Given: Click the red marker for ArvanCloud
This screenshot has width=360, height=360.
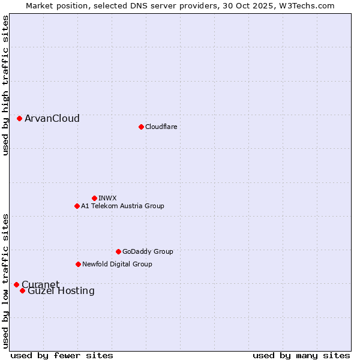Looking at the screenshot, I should (20, 119).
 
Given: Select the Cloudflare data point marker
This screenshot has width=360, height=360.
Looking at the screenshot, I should (141, 127).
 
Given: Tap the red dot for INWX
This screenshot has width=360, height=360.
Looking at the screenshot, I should (94, 198).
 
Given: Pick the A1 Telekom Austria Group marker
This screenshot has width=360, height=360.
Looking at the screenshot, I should (77, 206).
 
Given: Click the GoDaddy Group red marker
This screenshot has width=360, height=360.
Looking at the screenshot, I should (118, 251).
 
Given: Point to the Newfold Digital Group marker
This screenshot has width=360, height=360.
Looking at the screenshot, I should (78, 264).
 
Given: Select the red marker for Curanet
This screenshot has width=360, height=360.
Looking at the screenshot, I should (16, 284).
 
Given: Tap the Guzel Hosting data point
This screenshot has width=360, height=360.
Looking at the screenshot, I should (22, 290).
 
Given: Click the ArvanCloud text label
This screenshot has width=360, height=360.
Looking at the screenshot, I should (52, 119).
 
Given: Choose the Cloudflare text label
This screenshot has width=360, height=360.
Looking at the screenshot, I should (161, 127).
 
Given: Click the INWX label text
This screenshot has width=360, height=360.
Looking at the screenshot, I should (108, 198).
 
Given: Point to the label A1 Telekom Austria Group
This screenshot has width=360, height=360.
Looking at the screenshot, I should (122, 206).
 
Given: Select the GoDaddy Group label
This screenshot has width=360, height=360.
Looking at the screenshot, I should (148, 251).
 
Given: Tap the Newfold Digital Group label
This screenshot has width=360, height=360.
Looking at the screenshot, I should (117, 264).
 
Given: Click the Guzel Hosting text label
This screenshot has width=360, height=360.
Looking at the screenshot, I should (61, 291).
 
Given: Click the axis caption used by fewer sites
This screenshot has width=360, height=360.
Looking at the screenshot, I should (62, 355).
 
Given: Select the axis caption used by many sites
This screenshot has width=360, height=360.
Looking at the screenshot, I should (301, 355).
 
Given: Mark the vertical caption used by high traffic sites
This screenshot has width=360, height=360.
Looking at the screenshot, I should (5, 85).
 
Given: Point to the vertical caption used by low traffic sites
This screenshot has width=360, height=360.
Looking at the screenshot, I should (5, 280).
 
